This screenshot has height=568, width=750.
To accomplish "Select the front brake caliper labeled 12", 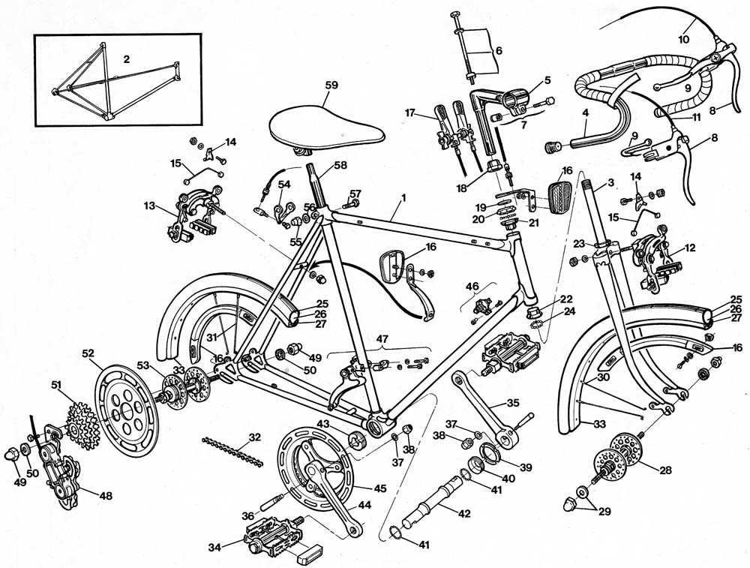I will click(652, 263).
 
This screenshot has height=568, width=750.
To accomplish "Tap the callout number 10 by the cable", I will click(683, 38).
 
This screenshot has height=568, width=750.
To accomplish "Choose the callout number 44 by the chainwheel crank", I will click(364, 505).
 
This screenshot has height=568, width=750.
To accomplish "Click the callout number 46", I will click(472, 287).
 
